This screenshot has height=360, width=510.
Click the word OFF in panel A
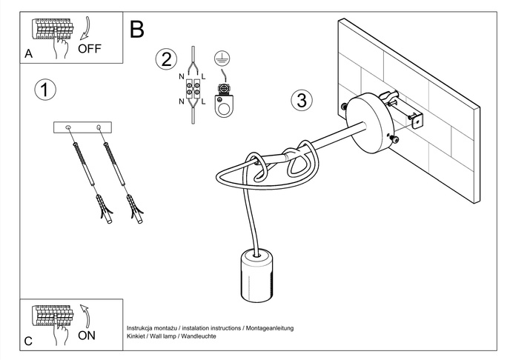88,50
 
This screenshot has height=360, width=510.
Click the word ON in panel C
87,335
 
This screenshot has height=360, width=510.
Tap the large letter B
137,30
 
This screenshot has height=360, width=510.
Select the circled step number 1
45,90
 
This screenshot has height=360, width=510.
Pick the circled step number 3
300,101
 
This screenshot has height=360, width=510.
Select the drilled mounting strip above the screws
82,127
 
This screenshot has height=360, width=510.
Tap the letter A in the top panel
28,54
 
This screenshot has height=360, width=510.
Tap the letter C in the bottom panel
28,341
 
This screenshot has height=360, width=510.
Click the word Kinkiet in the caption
138,336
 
